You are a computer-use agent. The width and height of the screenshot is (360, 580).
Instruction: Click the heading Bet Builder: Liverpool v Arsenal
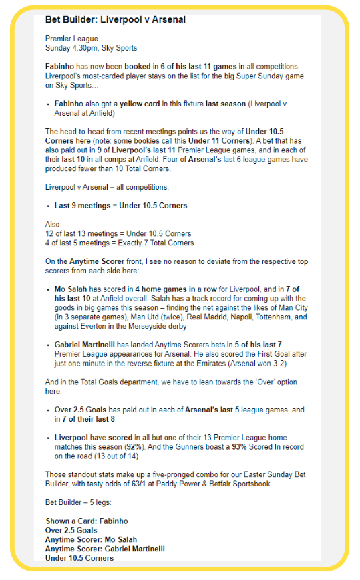point(115,20)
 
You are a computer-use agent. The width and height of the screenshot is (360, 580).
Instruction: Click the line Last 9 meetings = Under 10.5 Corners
point(121,206)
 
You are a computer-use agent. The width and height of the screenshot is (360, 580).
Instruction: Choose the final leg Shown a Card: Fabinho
point(86,521)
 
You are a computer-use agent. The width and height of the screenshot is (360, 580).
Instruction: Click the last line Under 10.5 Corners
point(79,558)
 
